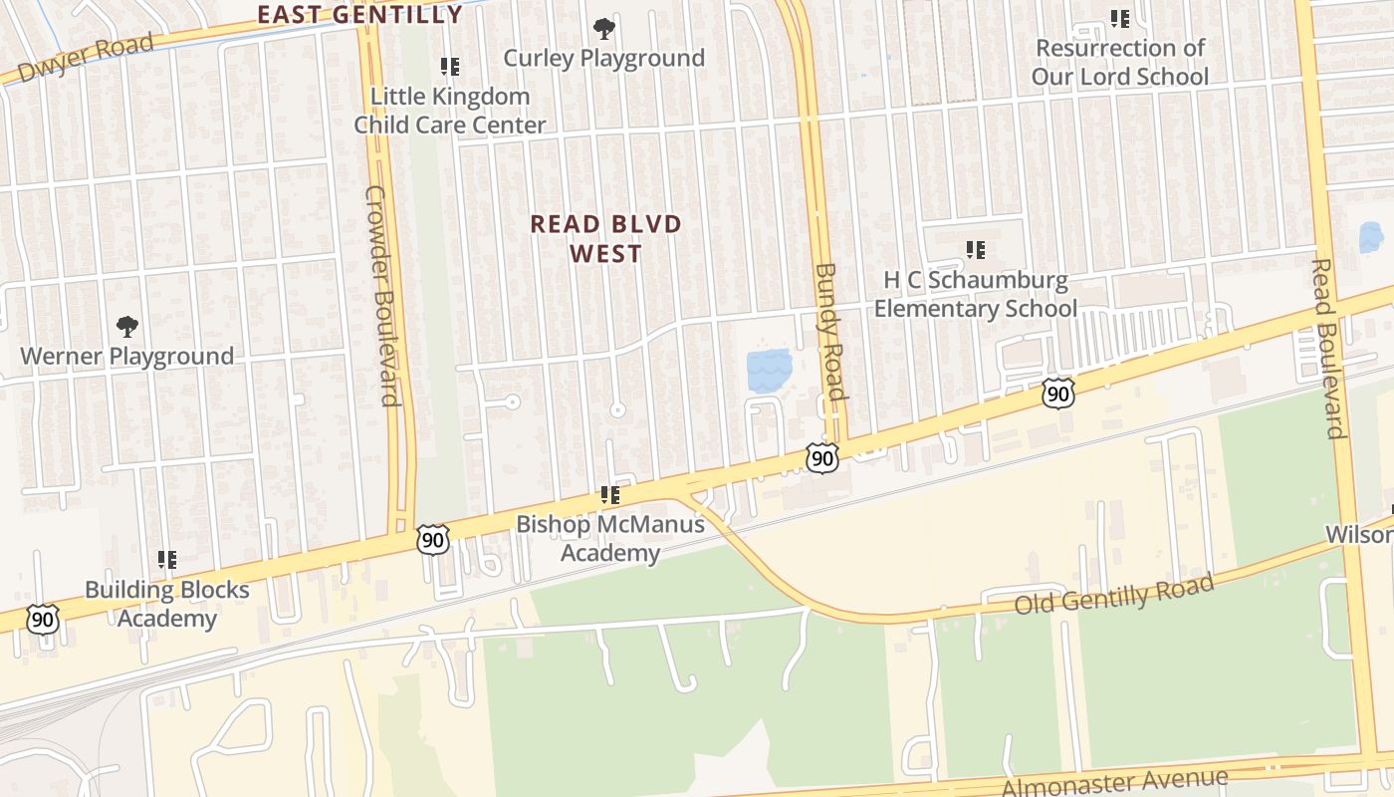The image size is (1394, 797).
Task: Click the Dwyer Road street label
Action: pyautogui.click(x=87, y=59)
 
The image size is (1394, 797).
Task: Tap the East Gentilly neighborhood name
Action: pyautogui.click(x=359, y=14)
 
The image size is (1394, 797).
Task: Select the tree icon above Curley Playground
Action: pyautogui.click(x=603, y=29)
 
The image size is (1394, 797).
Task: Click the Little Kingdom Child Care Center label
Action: pyautogui.click(x=450, y=111)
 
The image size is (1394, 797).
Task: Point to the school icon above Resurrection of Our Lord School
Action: pyautogui.click(x=1120, y=19)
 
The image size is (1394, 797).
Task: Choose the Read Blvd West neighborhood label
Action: pyautogui.click(x=605, y=238)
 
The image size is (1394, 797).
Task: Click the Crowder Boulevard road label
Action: pyautogui.click(x=382, y=296)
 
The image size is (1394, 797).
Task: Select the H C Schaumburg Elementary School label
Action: pyautogui.click(x=976, y=295)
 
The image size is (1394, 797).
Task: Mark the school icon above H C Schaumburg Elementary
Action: pyautogui.click(x=976, y=250)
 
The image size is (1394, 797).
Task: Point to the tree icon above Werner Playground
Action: pyautogui.click(x=126, y=326)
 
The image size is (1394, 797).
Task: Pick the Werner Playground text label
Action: pyautogui.click(x=127, y=356)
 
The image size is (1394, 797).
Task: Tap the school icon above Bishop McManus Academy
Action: pyautogui.click(x=610, y=495)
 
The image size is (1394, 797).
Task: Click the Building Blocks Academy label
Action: pyautogui.click(x=167, y=604)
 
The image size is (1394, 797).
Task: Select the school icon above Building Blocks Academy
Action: pyautogui.click(x=167, y=560)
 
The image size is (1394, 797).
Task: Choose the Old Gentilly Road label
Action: pyautogui.click(x=1114, y=594)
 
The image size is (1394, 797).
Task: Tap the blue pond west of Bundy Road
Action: pyautogui.click(x=769, y=370)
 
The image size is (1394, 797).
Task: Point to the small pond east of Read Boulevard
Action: pyautogui.click(x=1371, y=237)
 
